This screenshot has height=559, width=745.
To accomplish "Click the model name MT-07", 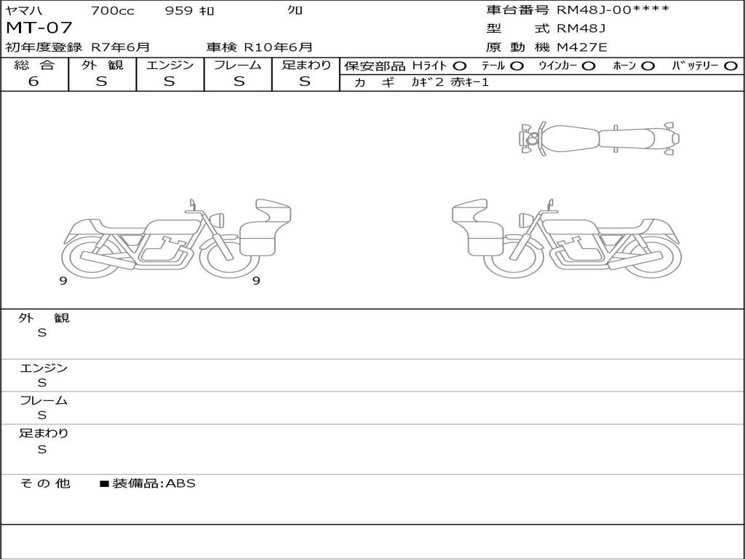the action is (x=39, y=28).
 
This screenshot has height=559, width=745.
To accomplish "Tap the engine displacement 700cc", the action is (x=113, y=10).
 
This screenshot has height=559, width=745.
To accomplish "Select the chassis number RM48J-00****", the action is (x=613, y=9).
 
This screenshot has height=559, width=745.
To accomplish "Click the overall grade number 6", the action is (x=33, y=82).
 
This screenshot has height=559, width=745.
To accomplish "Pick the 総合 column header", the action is (x=34, y=65).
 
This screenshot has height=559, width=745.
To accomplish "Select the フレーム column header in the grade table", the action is (x=238, y=65).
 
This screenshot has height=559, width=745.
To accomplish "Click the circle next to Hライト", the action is (x=460, y=66).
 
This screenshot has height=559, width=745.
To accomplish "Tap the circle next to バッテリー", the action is (x=730, y=66).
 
